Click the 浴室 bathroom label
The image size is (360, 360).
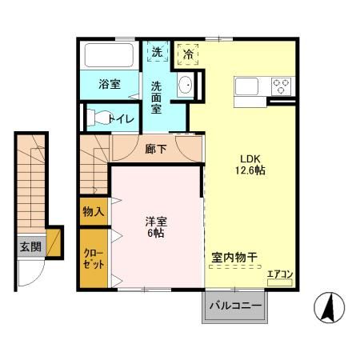pos(110,83)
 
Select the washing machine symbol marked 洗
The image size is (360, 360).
pos(156,52)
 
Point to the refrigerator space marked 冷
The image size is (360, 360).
pos(188,54)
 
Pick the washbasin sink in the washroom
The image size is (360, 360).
pos(185,84)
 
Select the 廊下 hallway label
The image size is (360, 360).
pos(157,149)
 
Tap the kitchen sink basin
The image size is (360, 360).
pos(246,85)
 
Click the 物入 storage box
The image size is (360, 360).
pos(93,212)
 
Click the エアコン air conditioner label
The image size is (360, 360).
pos(280,275)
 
